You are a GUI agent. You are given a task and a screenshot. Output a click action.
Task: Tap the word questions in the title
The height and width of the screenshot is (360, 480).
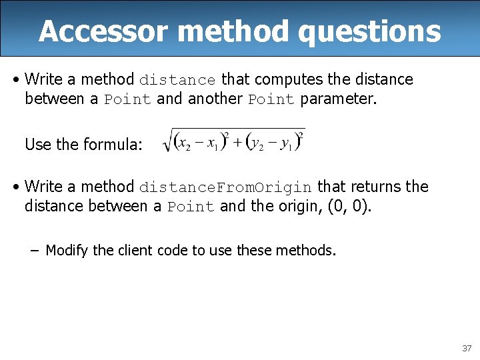tap(369, 31)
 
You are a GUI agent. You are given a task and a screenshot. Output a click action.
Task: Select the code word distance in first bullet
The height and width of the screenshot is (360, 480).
tap(177, 80)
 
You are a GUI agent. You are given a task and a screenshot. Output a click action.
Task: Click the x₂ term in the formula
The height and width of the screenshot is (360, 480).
tap(184, 143)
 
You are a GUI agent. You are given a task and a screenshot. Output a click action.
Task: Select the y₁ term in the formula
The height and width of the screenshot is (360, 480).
tap(287, 143)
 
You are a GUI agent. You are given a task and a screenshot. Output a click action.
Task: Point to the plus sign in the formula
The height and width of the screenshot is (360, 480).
tap(236, 143)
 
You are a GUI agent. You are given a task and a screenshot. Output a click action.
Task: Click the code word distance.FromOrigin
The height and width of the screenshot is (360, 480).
tap(225, 187)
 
